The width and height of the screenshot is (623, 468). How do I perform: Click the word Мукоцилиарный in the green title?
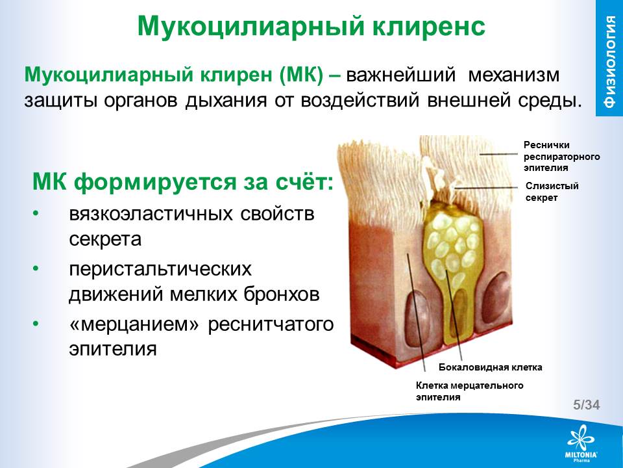pos(250,27)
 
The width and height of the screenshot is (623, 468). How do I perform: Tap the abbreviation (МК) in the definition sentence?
pos(301,75)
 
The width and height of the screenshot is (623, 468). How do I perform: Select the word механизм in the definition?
pos(514,75)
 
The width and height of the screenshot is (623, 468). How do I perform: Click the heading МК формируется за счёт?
pos(183,182)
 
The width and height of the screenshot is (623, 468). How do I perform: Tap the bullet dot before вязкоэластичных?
pos(36,214)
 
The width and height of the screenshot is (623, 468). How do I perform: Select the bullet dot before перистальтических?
pos(36,269)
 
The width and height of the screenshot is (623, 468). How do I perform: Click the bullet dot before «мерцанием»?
pos(36,324)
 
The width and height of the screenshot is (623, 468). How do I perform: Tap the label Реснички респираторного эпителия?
pos(561,156)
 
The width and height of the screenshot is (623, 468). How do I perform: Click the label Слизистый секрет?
pos(552,191)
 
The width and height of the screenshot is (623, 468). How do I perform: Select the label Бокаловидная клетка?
pos(491,367)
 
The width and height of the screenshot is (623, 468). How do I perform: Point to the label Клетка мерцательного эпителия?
pos(469,391)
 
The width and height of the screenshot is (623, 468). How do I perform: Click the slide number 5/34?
pos(586,405)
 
